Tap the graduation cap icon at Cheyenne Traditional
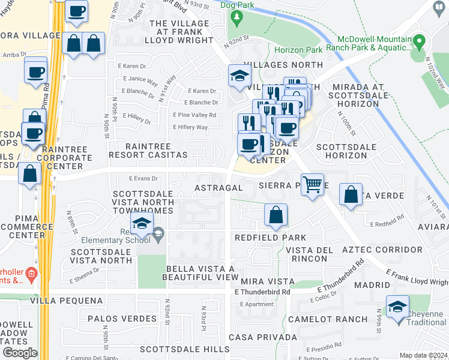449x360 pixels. click(x=398, y=308)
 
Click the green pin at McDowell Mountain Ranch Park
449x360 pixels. click(x=420, y=43)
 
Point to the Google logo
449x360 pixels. click(x=19, y=353)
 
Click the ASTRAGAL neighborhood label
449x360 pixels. click(x=218, y=188)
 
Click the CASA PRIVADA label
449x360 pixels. click(x=262, y=337)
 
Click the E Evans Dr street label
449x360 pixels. click(x=143, y=178)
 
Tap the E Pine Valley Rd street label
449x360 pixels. click(x=194, y=115)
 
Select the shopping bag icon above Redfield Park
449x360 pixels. click(x=276, y=214)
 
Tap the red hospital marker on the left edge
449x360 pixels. click(x=31, y=275)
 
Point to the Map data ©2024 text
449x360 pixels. click(x=423, y=355)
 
